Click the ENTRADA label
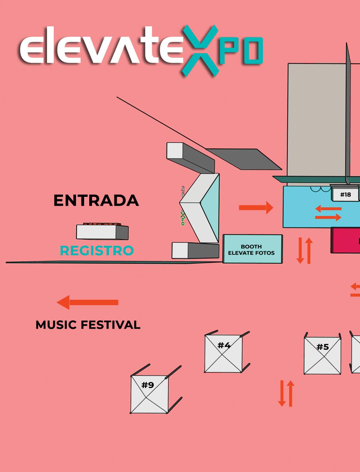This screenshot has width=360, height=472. [x=96, y=200]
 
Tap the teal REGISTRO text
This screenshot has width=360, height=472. [x=97, y=251]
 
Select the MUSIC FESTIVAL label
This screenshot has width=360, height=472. [x=88, y=325]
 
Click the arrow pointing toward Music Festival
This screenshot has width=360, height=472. [x=88, y=302]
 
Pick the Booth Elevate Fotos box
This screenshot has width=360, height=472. [x=252, y=249]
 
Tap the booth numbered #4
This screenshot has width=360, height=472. [x=223, y=353]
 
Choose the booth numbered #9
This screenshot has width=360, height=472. [x=149, y=394]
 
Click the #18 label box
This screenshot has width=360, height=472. [x=345, y=194]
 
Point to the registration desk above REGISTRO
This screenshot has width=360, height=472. [x=102, y=232]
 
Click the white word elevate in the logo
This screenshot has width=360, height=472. [x=100, y=48]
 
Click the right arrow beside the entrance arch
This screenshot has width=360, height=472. [x=256, y=207]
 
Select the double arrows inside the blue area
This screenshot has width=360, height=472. [x=328, y=213]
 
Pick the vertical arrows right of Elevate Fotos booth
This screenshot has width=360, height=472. [x=304, y=250]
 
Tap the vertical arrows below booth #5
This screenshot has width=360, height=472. [x=286, y=393]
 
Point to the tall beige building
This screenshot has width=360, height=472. [x=316, y=119]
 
